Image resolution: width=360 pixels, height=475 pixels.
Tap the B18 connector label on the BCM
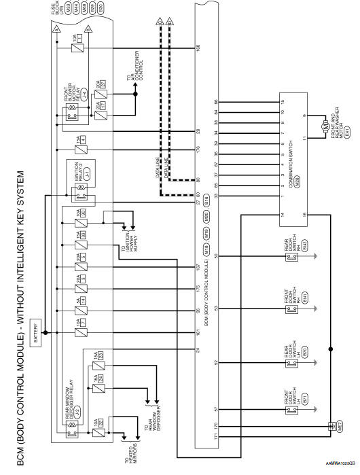click(x=206, y=200)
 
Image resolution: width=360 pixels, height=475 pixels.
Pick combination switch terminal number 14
click(x=280, y=215)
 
